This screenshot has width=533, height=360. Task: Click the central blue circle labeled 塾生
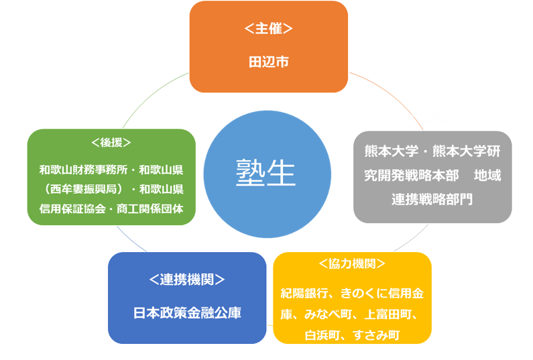pos(267,174)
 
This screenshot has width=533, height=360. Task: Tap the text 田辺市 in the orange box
pos(268,62)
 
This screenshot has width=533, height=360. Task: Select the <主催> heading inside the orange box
pos(268,29)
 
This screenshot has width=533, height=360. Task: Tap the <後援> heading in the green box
pos(111,143)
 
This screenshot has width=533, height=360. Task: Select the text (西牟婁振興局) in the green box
pos(80,188)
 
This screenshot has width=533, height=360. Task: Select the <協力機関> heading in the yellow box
pos(352,263)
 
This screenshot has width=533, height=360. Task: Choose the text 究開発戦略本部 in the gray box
pos(412,175)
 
